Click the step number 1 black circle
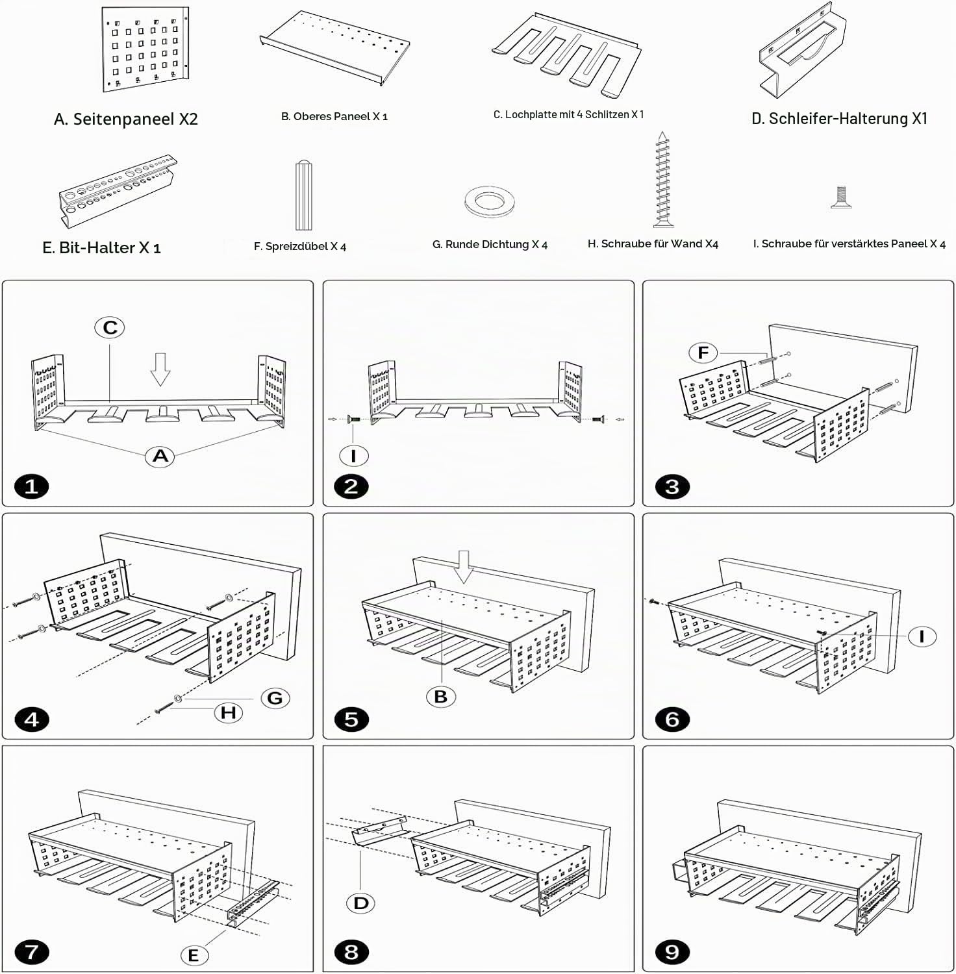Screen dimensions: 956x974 [x=31, y=486]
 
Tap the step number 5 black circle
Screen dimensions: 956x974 [x=351, y=719]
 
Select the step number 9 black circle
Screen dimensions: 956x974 [x=672, y=952]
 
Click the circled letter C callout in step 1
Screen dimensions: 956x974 [x=110, y=327]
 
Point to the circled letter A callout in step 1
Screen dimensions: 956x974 [x=160, y=456]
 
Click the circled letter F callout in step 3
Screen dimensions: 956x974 [x=703, y=353]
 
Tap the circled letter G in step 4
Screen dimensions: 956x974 [x=275, y=698]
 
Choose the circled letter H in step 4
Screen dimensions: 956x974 [x=229, y=712]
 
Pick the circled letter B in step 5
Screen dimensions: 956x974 [x=441, y=697]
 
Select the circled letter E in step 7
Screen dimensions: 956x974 [x=194, y=955]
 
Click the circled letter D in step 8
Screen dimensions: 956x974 [x=361, y=903]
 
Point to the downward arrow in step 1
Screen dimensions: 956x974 [x=160, y=369]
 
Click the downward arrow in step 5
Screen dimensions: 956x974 [x=464, y=567]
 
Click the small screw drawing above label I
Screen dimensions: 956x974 [x=841, y=197]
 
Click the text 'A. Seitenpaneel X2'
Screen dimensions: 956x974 [x=126, y=119]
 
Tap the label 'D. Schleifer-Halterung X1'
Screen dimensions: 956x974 [x=840, y=118]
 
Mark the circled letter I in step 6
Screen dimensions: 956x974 [x=922, y=636]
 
